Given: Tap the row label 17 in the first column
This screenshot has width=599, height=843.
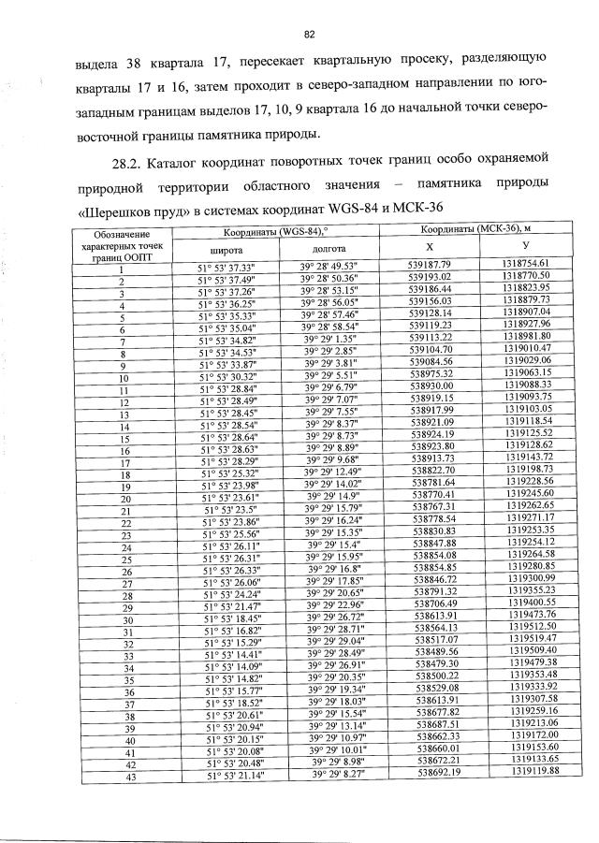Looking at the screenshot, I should (122, 461).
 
